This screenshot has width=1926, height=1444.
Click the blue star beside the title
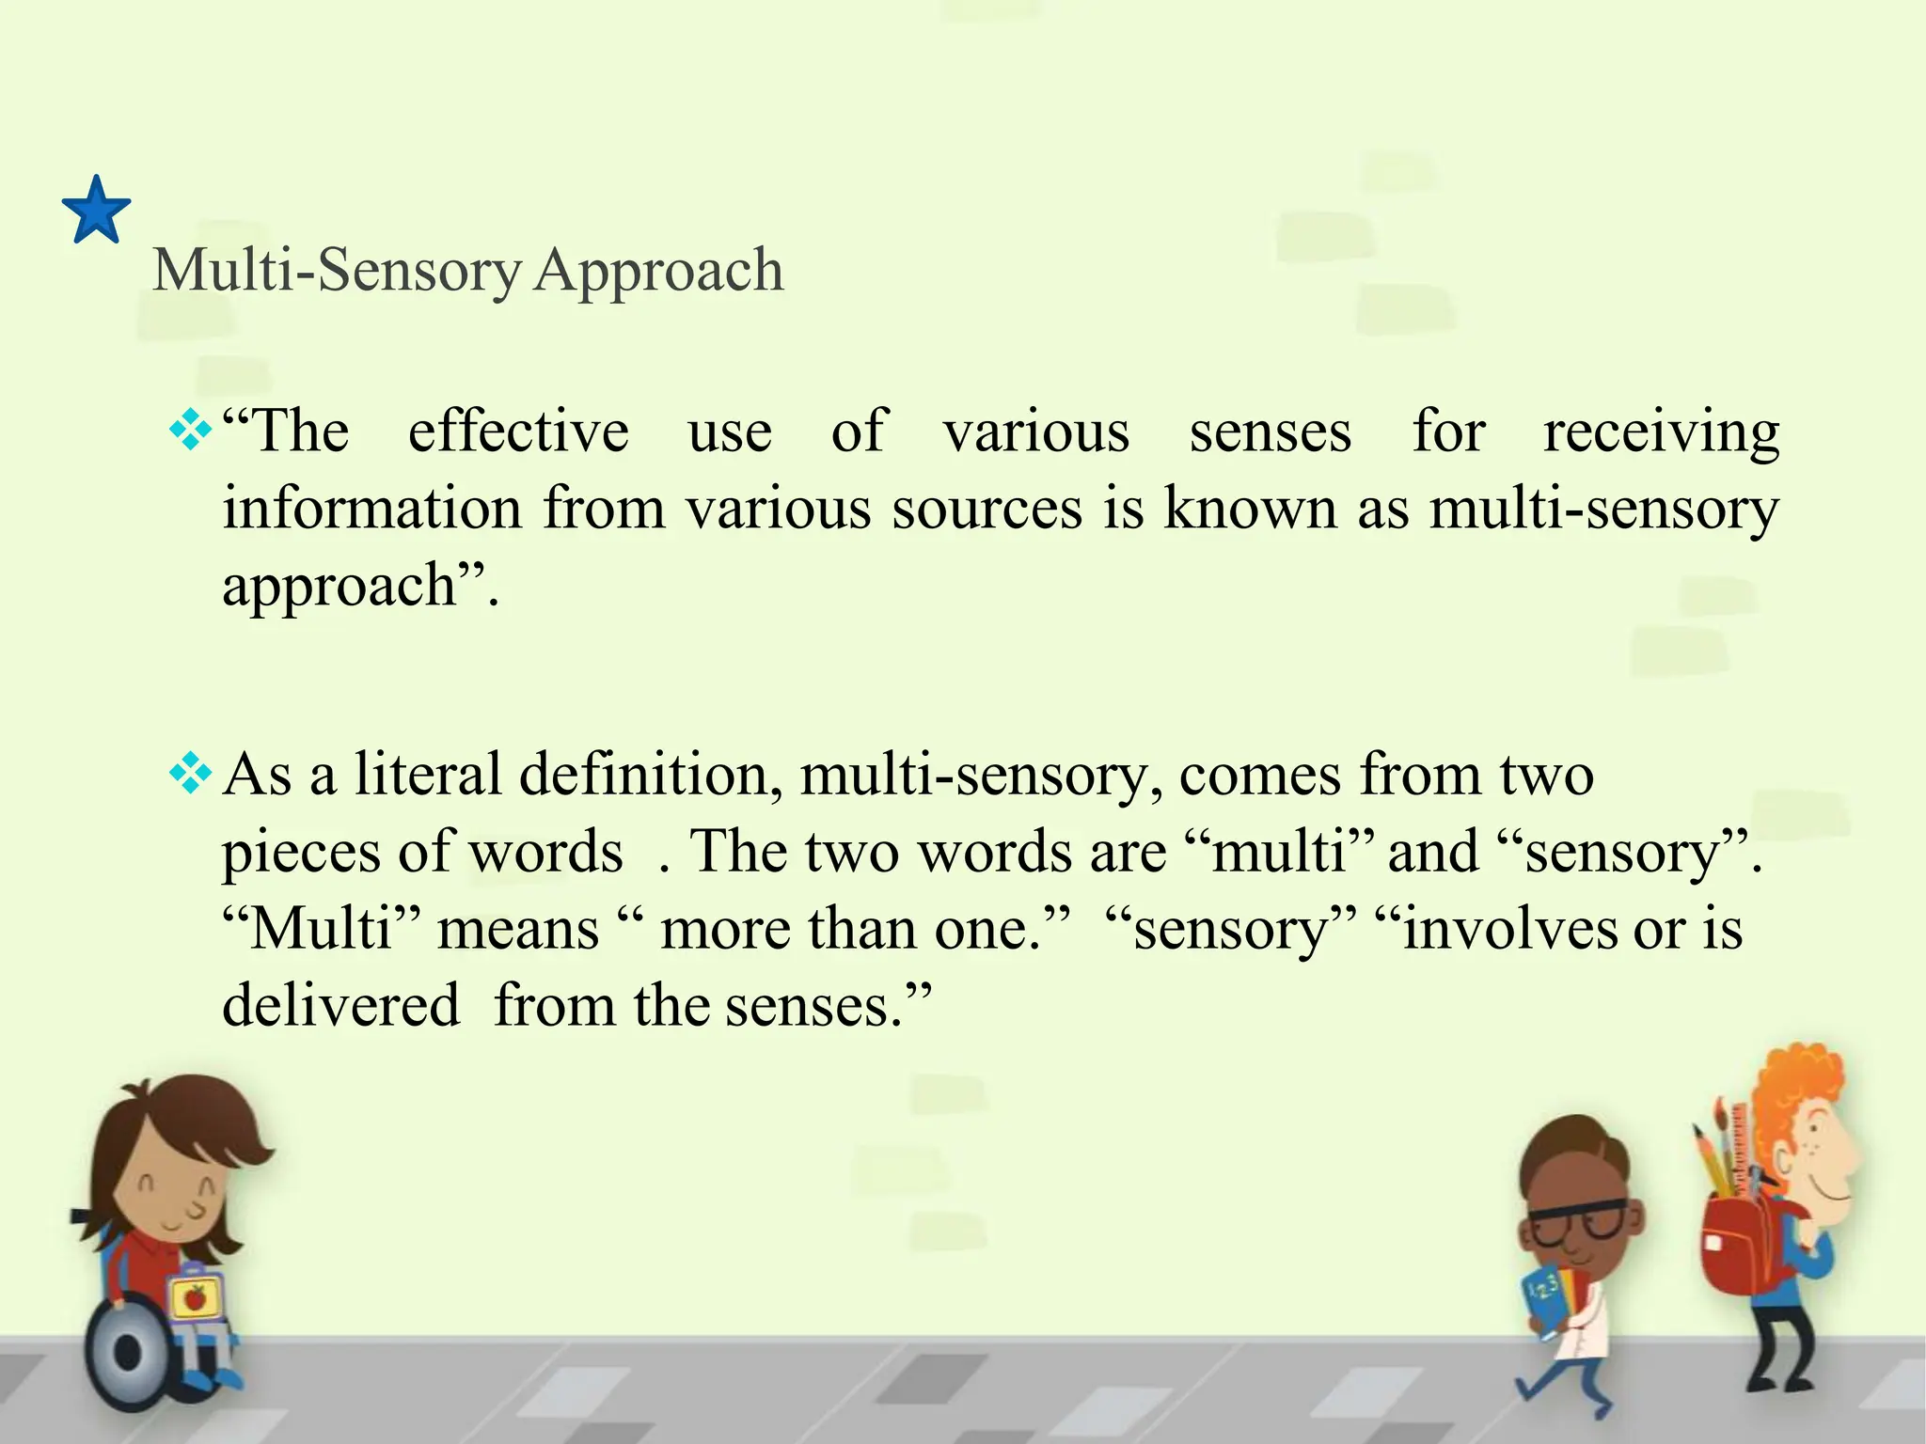pyautogui.click(x=96, y=212)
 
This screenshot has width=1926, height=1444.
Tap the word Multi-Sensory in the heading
pyautogui.click(x=337, y=271)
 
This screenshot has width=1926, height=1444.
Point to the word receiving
pyautogui.click(x=1661, y=434)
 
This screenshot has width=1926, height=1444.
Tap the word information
pyautogui.click(x=371, y=509)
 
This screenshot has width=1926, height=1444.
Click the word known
pyautogui.click(x=1250, y=509)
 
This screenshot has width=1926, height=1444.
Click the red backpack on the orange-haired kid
pyautogui.click(x=1749, y=1241)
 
